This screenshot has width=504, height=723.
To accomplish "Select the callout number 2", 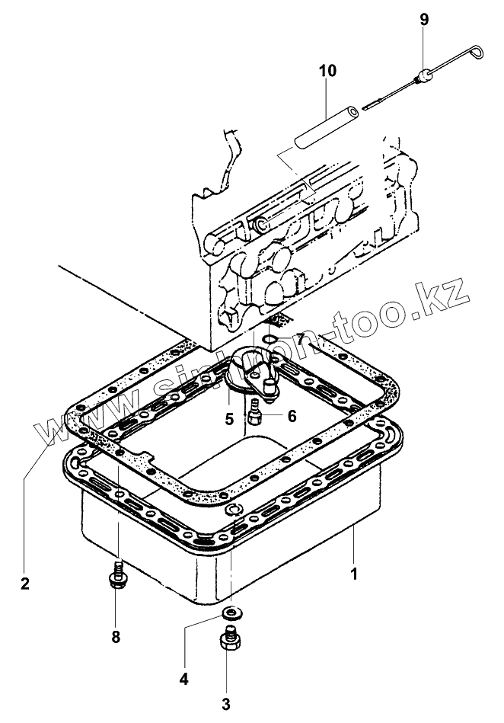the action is coord(25,584).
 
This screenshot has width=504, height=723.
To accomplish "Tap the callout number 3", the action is coord(226,704).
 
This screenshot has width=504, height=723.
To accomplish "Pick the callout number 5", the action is coord(228,417).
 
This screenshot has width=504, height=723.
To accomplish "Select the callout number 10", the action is coord(327,72).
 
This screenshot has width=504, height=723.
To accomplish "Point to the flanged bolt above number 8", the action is coord(117,577).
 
